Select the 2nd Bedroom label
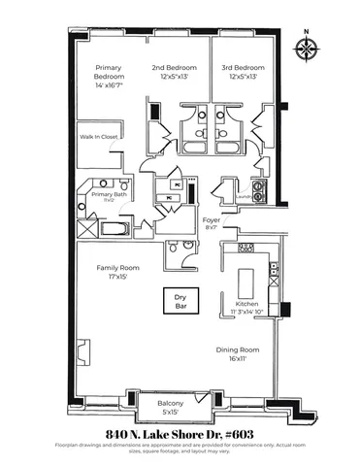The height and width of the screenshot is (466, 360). pyautogui.click(x=174, y=68)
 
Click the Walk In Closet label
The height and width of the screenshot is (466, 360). pyautogui.click(x=98, y=137)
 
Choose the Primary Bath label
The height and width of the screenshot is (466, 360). pyautogui.click(x=109, y=194)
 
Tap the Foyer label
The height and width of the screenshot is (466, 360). pyautogui.click(x=211, y=219)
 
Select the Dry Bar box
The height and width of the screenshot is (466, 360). pyautogui.click(x=180, y=302)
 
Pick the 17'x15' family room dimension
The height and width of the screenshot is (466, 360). pyautogui.click(x=116, y=277)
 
